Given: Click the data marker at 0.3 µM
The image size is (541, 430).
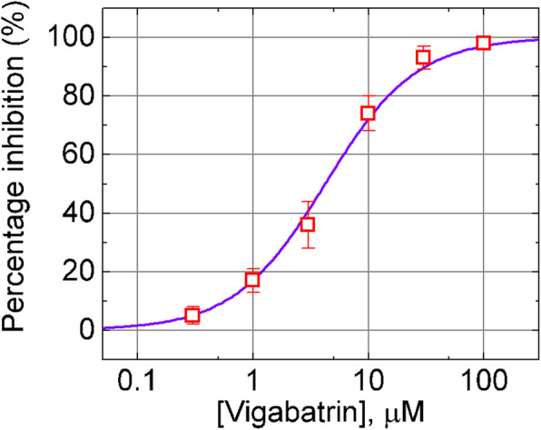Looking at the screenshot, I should (x=192, y=315).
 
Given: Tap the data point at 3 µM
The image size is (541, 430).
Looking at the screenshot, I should (x=308, y=225).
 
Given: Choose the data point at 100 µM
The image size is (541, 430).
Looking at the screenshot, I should (x=483, y=43).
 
